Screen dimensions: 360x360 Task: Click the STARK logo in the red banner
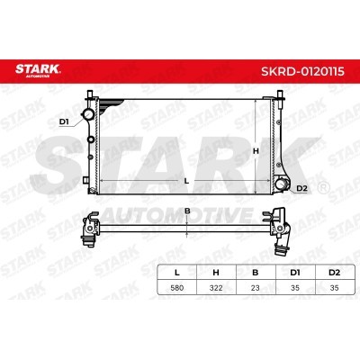coord(38,71)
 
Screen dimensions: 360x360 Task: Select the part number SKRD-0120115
coord(302,71)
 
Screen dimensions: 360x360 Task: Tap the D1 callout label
coord(64,121)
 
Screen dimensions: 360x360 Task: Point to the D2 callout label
coord(301,188)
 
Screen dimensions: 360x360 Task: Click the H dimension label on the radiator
coord(256,151)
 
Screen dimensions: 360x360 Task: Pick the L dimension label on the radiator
coord(186,181)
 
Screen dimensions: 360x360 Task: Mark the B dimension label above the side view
coord(187,211)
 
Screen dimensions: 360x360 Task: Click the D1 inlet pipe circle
coord(88,114)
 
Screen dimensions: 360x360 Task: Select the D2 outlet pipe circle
coord(281,184)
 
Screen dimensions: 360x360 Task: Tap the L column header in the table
coord(177,273)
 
